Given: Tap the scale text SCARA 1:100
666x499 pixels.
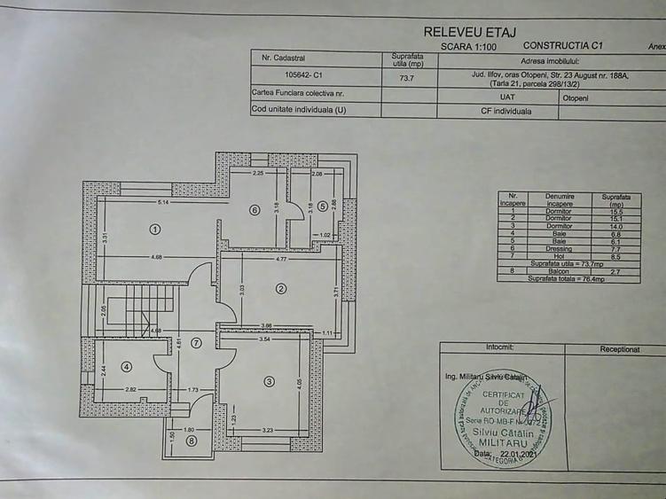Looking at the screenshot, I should tap(469, 45).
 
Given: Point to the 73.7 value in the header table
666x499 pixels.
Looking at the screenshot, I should tap(407, 77).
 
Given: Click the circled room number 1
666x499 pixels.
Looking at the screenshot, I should tap(154, 229).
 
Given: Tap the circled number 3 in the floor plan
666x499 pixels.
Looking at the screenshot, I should tap(269, 381).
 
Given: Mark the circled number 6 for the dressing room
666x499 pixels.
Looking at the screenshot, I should tap(254, 210).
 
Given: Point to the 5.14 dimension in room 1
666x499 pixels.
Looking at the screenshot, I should tap(163, 203).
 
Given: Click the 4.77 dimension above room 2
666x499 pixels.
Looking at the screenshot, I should tap(280, 259).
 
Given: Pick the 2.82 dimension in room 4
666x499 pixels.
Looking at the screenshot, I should tap(130, 389).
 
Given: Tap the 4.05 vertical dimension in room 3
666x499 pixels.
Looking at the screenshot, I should tap(300, 383).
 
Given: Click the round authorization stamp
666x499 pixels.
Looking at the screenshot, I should tap(501, 415).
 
